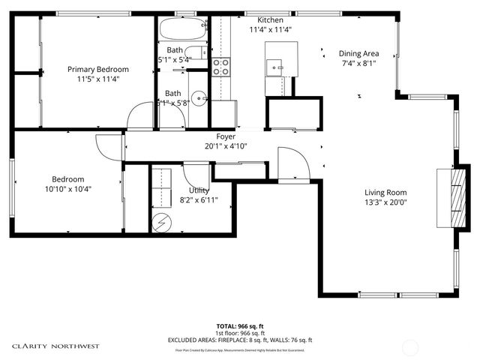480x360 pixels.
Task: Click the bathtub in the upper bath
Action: tap(182, 31)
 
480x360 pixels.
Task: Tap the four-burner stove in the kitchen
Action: tap(220, 66)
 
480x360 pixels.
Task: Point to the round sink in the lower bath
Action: tap(198, 97)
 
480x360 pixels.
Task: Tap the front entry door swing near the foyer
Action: tap(292, 164)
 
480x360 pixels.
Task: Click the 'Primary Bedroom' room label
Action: tap(94, 69)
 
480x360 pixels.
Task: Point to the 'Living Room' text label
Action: tap(385, 192)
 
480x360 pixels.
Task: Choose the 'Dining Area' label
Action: tap(358, 53)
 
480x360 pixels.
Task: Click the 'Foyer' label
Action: tap(226, 136)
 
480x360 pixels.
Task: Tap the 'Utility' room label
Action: tap(199, 190)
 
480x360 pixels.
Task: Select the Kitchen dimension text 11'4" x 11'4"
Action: tap(270, 30)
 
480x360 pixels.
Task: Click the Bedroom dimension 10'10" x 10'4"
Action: tap(67, 189)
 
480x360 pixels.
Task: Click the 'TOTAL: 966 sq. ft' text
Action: tap(239, 326)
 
